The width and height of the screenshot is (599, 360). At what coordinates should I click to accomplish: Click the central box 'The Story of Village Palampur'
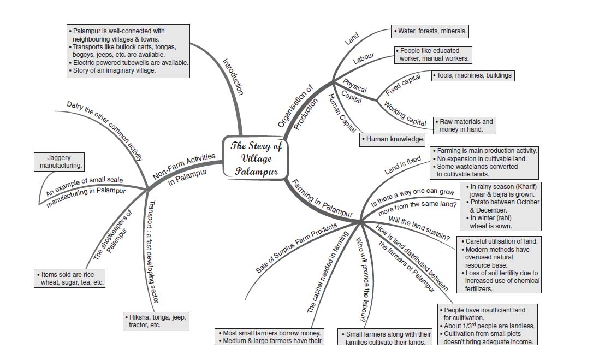256,158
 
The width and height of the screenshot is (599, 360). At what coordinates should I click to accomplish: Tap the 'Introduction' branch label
234,76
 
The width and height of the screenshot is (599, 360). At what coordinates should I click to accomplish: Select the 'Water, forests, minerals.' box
430,31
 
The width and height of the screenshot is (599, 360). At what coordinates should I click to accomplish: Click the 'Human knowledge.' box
393,139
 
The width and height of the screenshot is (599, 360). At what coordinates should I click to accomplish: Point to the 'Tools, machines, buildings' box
473,75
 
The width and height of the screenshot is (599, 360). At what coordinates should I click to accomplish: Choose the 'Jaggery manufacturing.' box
61,161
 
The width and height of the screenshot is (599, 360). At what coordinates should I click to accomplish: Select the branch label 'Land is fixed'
402,166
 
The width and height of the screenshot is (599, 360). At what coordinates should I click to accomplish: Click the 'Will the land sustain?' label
419,228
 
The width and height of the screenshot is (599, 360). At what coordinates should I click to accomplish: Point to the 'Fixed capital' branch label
403,85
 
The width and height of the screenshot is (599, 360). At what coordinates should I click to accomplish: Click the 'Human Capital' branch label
341,113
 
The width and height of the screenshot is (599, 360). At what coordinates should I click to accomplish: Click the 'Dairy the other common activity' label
105,130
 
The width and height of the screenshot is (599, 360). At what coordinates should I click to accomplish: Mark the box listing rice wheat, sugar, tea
69,279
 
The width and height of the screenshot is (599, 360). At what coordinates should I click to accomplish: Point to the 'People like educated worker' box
433,55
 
